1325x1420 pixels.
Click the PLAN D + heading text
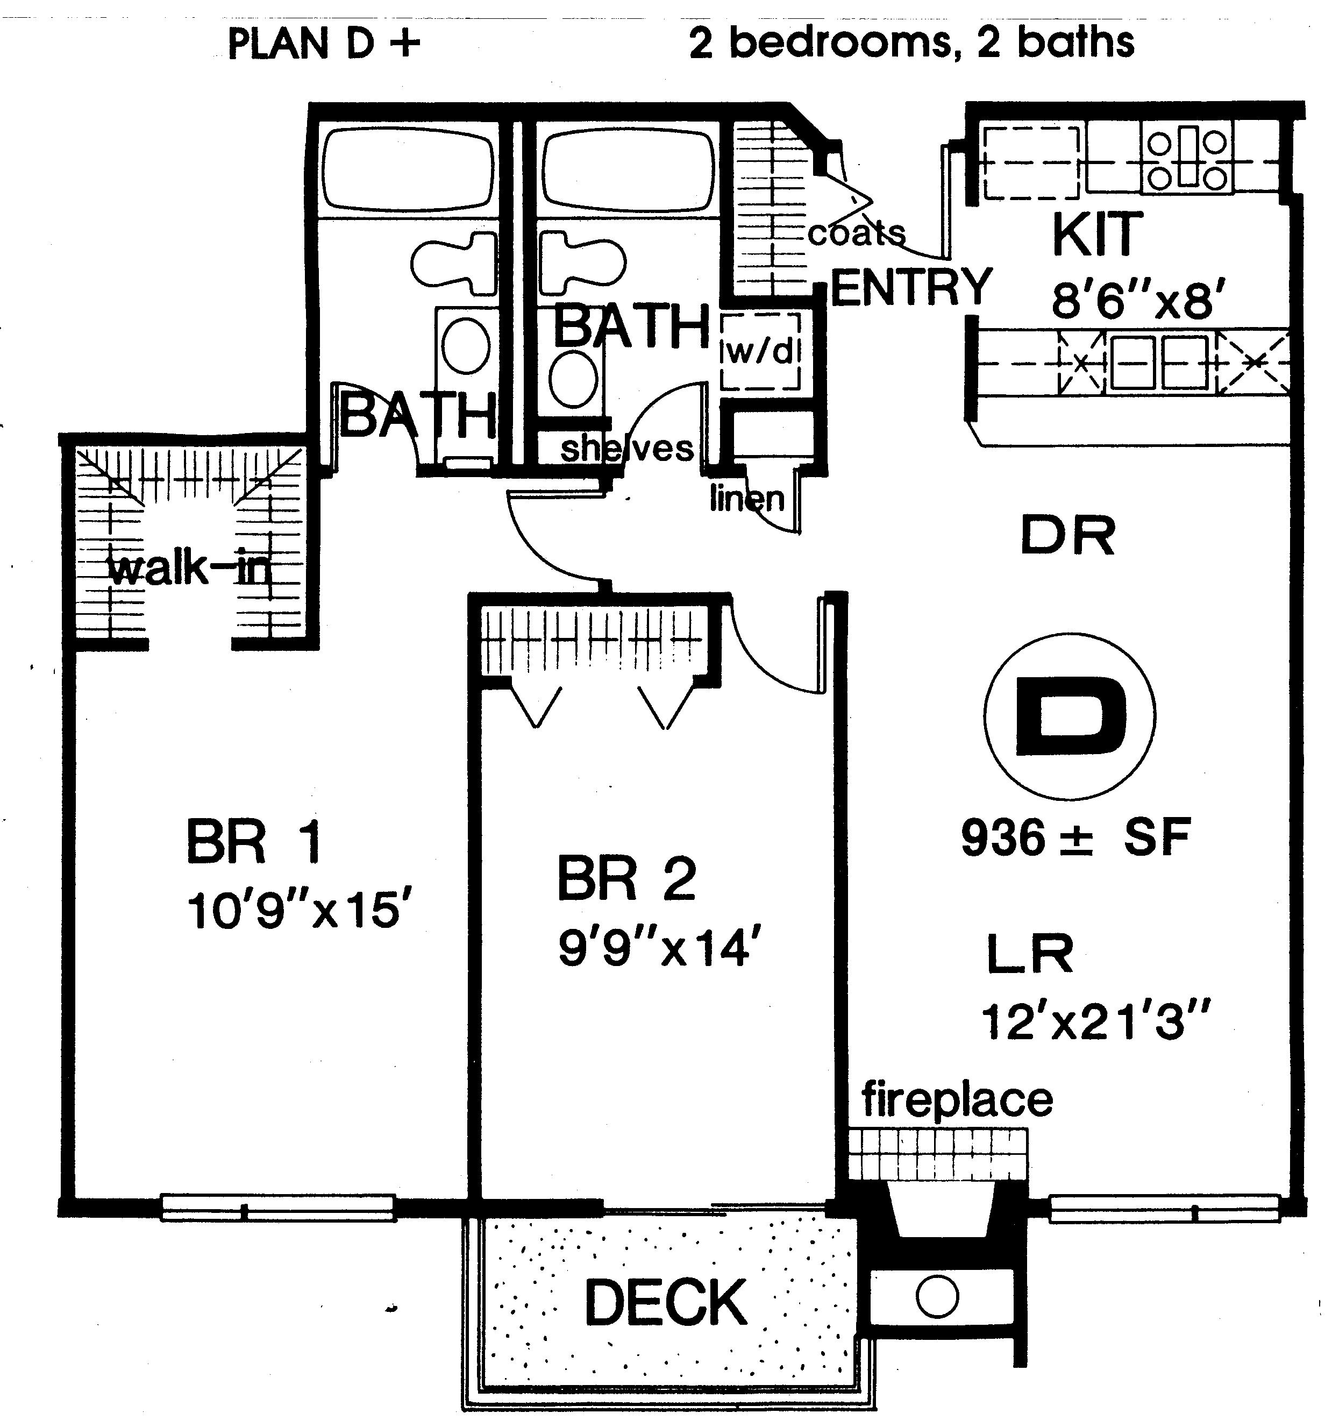[323, 44]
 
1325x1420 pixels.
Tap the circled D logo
[1069, 716]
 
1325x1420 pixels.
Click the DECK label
[665, 1302]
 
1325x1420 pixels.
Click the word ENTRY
[911, 287]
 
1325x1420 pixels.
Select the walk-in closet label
[190, 569]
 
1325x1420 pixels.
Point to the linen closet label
[746, 497]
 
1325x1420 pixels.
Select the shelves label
[626, 448]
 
